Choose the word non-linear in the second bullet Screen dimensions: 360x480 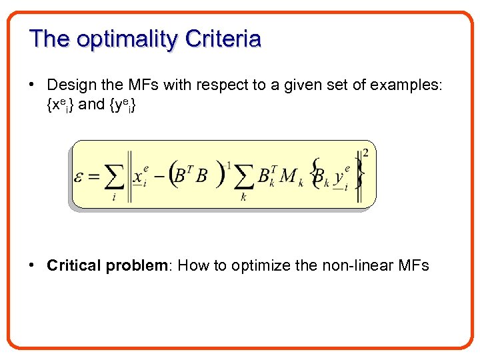[x=359, y=265]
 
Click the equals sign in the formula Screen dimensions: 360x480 [x=95, y=177]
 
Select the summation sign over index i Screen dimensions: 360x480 [x=114, y=177]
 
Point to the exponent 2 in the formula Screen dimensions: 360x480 [x=365, y=153]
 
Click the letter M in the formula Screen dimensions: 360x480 [x=289, y=176]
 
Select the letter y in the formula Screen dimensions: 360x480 [x=339, y=177]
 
